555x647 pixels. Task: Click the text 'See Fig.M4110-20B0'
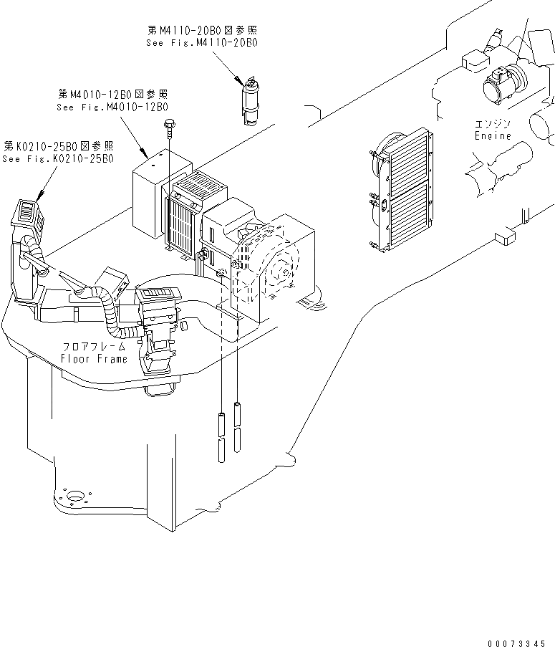click(x=201, y=42)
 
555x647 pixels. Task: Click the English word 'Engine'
click(x=493, y=135)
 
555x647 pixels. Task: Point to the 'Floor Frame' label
click(x=94, y=359)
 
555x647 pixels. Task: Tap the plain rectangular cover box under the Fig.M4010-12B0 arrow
click(x=153, y=193)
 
